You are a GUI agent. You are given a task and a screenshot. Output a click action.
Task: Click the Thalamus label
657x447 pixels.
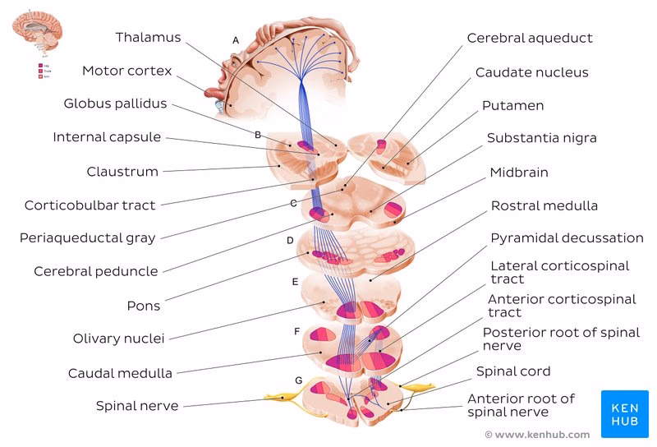coord(148,38)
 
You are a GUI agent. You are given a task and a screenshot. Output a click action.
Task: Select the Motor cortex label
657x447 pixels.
coord(126,71)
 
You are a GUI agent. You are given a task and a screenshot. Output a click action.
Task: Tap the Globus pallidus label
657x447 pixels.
coord(115,104)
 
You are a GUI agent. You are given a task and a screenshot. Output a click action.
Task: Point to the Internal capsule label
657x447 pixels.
coord(107,137)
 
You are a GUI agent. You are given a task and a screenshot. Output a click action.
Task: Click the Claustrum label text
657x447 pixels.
coord(122,172)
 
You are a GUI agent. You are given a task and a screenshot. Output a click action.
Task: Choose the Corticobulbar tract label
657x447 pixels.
coord(90,205)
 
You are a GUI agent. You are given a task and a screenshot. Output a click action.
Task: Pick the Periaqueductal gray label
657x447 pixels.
coord(87,238)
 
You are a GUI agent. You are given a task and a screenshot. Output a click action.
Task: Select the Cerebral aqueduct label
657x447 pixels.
coord(530,38)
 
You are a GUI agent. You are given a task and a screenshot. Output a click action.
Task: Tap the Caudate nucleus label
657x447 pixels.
coord(531,72)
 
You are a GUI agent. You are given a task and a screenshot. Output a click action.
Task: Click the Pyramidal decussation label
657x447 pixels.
coord(567,238)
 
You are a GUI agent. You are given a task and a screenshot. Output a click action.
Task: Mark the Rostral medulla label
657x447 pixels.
coord(544,205)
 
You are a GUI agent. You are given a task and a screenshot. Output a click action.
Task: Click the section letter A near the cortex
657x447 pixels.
coord(236,39)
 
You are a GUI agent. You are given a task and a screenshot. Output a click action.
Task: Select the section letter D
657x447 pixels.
coord(290,241)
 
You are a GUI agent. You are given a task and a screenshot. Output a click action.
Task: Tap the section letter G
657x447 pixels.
coord(298,380)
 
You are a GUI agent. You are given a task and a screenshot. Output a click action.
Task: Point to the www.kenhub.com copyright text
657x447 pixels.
coord(537,434)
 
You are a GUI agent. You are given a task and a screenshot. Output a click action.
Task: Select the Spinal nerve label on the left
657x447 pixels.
coord(136,405)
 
